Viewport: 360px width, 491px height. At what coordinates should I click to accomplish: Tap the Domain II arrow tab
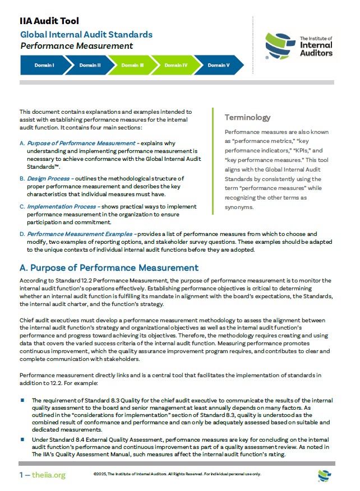(90, 65)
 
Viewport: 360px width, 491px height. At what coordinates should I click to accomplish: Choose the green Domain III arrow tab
(133, 65)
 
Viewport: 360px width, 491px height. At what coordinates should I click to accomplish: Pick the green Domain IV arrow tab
(176, 65)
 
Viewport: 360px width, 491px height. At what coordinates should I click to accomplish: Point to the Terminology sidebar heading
(247, 118)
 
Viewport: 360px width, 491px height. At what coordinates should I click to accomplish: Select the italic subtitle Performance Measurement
(77, 46)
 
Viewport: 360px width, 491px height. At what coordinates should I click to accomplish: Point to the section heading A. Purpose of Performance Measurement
(109, 268)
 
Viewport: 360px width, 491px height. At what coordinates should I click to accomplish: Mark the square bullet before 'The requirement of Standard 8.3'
(23, 400)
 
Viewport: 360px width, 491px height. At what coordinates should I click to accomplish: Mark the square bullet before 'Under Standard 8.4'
(23, 439)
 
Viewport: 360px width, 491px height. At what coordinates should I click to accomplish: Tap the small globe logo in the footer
(324, 475)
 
